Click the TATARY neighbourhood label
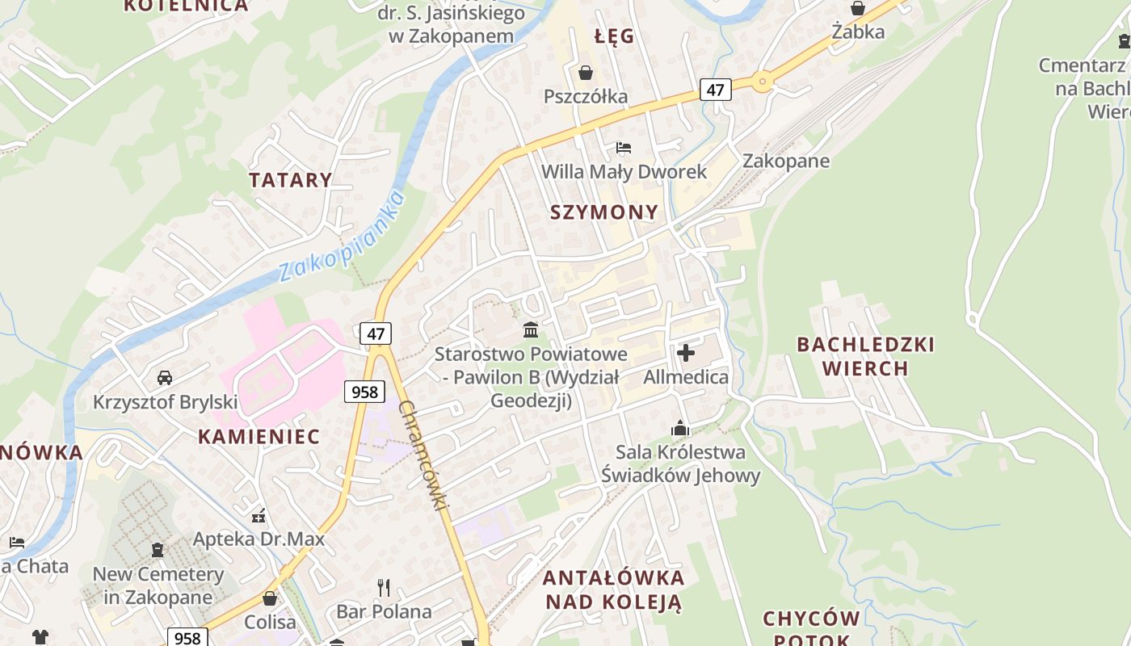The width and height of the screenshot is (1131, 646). tap(290, 179)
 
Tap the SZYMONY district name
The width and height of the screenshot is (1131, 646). tap(604, 212)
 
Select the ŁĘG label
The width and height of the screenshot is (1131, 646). tap(614, 36)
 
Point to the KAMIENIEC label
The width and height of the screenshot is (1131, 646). tap(259, 437)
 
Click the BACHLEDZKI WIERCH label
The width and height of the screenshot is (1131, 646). tap(865, 356)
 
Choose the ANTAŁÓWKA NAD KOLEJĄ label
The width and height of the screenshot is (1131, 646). tap(613, 589)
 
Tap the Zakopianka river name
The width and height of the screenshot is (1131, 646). tap(341, 236)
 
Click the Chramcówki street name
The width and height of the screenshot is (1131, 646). tap(423, 456)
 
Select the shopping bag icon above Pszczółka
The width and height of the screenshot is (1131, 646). tap(586, 73)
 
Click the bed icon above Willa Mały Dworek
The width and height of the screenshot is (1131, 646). tap(624, 148)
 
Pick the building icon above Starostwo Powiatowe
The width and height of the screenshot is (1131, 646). tap(531, 329)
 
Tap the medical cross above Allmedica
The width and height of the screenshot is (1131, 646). tap(686, 353)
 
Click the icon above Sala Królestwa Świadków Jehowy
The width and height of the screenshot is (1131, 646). tap(680, 427)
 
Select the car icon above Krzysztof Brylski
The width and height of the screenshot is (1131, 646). tap(165, 377)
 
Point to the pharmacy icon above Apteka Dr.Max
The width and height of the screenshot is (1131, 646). tap(259, 515)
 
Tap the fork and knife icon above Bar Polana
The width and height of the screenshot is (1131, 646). tap(384, 587)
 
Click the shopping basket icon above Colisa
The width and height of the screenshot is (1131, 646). tap(270, 598)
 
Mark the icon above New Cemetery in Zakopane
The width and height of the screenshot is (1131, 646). tap(158, 550)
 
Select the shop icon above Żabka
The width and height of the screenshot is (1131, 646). tap(858, 8)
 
